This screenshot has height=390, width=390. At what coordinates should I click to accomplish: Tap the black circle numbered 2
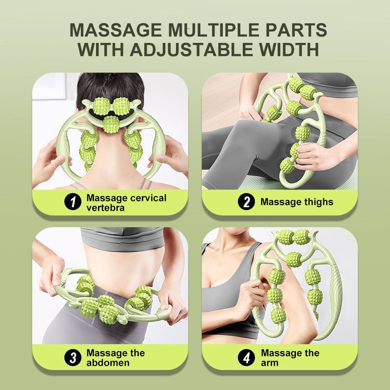246,202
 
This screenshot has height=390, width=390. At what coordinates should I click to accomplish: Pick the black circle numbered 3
73,358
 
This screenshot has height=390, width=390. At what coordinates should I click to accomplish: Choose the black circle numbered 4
246,358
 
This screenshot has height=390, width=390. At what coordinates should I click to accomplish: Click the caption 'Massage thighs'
296,202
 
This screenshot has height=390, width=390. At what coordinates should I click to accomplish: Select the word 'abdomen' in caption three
108,363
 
